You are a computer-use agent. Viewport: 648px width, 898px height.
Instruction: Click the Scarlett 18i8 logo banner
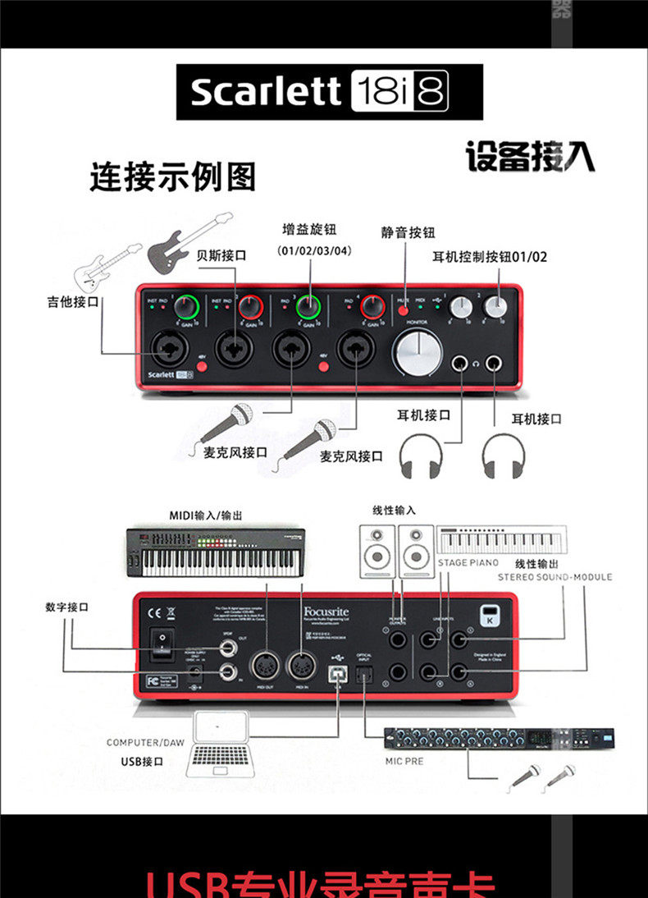click(x=329, y=92)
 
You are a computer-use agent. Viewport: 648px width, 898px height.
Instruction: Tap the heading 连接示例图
click(x=172, y=177)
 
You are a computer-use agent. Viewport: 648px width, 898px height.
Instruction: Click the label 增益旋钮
click(x=309, y=230)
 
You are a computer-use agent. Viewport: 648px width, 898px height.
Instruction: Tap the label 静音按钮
click(x=408, y=232)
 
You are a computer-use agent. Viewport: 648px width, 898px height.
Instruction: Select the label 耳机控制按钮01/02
click(x=490, y=257)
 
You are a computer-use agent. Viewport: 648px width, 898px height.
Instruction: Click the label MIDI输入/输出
click(x=206, y=515)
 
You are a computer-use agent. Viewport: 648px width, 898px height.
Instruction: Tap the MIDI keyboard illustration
click(x=216, y=552)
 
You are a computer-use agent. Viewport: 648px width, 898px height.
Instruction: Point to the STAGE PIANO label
click(x=468, y=563)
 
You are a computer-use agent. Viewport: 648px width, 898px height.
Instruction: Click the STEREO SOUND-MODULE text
click(x=554, y=577)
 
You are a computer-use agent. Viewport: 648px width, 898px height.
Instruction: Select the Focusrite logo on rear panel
click(x=326, y=611)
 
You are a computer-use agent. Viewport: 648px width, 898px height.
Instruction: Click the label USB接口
click(x=142, y=762)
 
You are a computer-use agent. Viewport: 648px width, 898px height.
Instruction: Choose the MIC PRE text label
click(x=404, y=761)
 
